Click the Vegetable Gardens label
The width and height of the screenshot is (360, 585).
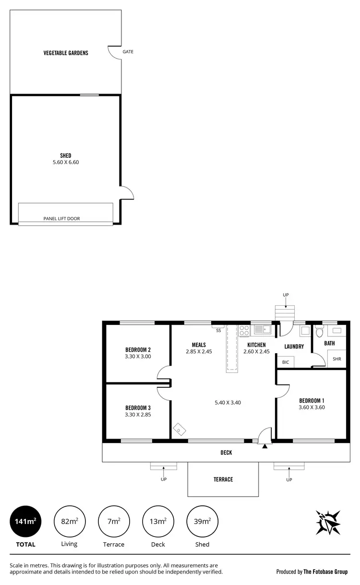tap(66, 53)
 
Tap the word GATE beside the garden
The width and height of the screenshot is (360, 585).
tap(128, 51)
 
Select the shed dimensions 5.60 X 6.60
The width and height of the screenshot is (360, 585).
tap(66, 162)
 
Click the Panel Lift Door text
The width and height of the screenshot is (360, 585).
tap(61, 218)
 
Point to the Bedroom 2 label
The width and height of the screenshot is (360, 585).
tap(138, 349)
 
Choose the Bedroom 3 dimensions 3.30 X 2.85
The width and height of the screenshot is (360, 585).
tap(138, 415)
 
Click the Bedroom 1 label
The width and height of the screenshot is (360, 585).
tap(312, 401)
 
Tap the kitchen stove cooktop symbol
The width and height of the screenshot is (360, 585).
tap(244, 330)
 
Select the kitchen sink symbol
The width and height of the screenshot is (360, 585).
tap(262, 330)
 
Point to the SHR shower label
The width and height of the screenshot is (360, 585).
tap(336, 359)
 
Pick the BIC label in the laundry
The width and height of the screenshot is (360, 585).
tap(286, 362)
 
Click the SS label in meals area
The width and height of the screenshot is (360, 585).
tap(218, 331)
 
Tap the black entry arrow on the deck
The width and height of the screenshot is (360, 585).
tap(264, 446)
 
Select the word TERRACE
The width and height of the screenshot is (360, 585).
tap(223, 479)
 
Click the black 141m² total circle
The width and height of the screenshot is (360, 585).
tap(25, 521)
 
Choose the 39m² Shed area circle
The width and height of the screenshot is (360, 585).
tap(203, 521)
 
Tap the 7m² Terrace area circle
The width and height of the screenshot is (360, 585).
tap(114, 521)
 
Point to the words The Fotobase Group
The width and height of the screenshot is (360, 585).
tap(325, 572)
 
